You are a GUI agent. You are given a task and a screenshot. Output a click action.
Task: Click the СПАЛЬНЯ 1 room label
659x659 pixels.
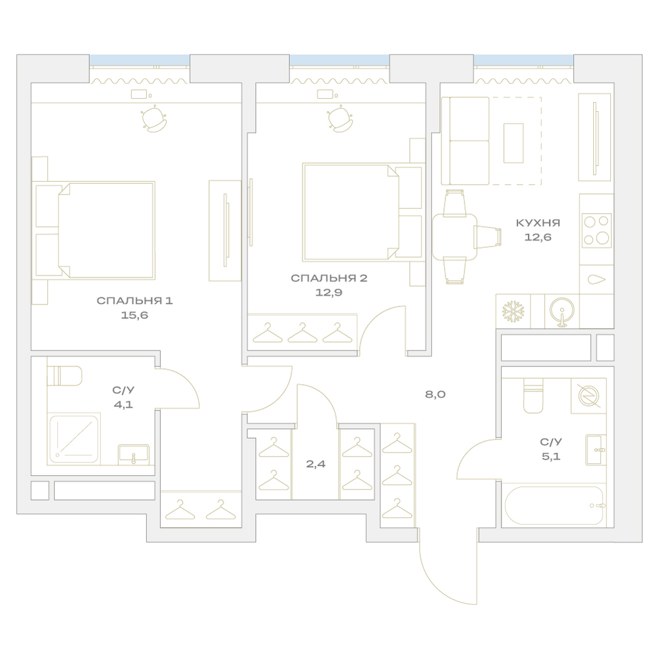click(x=134, y=301)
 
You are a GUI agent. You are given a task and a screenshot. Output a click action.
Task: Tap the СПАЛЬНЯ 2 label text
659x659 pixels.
click(x=329, y=278)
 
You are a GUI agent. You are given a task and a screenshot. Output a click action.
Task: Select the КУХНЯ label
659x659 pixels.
click(x=538, y=223)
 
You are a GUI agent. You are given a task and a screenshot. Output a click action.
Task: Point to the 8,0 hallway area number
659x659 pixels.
click(x=435, y=394)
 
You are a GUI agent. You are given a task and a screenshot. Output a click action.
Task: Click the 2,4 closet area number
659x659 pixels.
click(x=316, y=464)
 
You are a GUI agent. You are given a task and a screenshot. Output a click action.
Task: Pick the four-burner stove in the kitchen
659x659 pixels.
click(x=596, y=230)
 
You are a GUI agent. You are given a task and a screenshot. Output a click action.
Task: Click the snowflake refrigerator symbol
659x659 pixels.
click(x=513, y=312)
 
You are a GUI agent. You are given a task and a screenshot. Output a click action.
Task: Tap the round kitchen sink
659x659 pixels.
click(x=562, y=312)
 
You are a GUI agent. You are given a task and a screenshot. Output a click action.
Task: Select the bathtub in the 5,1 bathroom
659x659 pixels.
click(x=555, y=505)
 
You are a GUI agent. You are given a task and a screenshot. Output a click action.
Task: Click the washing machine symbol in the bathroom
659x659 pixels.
click(x=588, y=395)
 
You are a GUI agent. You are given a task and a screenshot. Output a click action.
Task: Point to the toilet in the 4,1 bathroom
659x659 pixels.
click(x=64, y=376)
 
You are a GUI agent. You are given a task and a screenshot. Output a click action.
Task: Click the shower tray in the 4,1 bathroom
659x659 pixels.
click(x=75, y=438)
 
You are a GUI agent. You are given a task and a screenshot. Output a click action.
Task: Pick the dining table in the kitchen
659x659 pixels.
click(x=455, y=237)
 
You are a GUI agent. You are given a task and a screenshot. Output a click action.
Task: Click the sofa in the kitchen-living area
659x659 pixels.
click(x=465, y=141)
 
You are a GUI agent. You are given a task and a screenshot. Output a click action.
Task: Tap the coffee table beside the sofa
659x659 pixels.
click(x=513, y=143)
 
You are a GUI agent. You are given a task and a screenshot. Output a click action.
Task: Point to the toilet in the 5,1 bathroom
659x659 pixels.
click(x=533, y=395)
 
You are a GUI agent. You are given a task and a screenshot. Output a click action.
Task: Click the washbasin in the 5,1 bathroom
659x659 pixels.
click(x=596, y=449)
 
